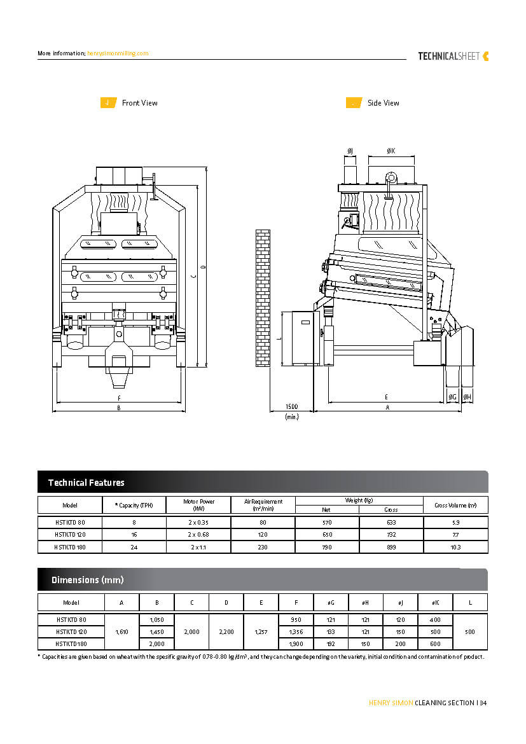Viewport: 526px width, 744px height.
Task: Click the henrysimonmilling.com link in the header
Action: click(x=118, y=53)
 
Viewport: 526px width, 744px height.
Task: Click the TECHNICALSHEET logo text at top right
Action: click(x=449, y=56)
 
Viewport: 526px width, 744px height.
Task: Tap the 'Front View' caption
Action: click(x=139, y=103)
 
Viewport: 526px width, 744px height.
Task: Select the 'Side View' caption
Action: click(x=383, y=103)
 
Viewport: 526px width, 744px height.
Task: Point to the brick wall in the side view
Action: click(x=262, y=298)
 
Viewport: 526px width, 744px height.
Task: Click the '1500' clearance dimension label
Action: click(x=291, y=406)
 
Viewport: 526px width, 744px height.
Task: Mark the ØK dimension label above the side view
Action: click(x=391, y=151)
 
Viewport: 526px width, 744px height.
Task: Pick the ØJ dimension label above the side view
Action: click(x=350, y=151)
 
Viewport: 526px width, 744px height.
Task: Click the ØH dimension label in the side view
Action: click(x=467, y=397)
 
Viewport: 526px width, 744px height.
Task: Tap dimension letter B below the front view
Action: click(x=118, y=408)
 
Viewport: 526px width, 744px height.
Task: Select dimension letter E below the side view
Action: click(x=386, y=397)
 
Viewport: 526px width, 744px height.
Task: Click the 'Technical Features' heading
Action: click(x=87, y=483)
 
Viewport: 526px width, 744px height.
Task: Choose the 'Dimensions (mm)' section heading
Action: click(x=87, y=580)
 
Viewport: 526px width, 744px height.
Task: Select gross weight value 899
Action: click(x=391, y=547)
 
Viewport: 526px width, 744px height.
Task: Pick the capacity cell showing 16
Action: click(x=134, y=535)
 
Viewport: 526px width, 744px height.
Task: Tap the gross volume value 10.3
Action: click(x=455, y=547)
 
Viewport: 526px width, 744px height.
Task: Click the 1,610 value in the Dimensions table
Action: click(x=122, y=632)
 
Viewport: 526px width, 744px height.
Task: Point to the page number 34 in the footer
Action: click(x=483, y=703)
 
